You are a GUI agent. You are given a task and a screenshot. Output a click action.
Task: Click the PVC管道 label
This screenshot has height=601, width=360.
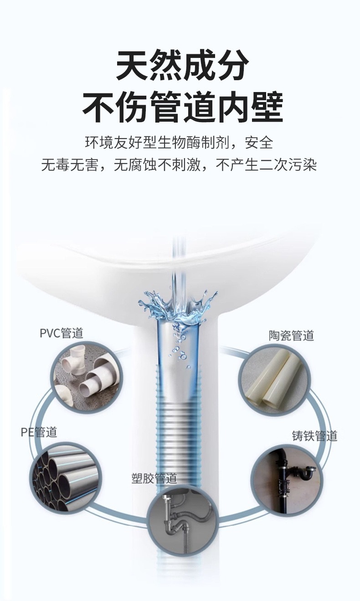(x=62, y=333)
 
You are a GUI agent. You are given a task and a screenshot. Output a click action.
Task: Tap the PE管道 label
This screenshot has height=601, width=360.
(x=39, y=431)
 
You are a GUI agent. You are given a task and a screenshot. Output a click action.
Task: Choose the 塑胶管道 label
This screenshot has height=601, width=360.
(x=154, y=479)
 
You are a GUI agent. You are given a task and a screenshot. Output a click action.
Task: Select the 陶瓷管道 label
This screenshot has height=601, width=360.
(x=291, y=336)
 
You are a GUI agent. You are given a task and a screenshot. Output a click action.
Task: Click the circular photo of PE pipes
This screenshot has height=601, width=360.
(x=65, y=478)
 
